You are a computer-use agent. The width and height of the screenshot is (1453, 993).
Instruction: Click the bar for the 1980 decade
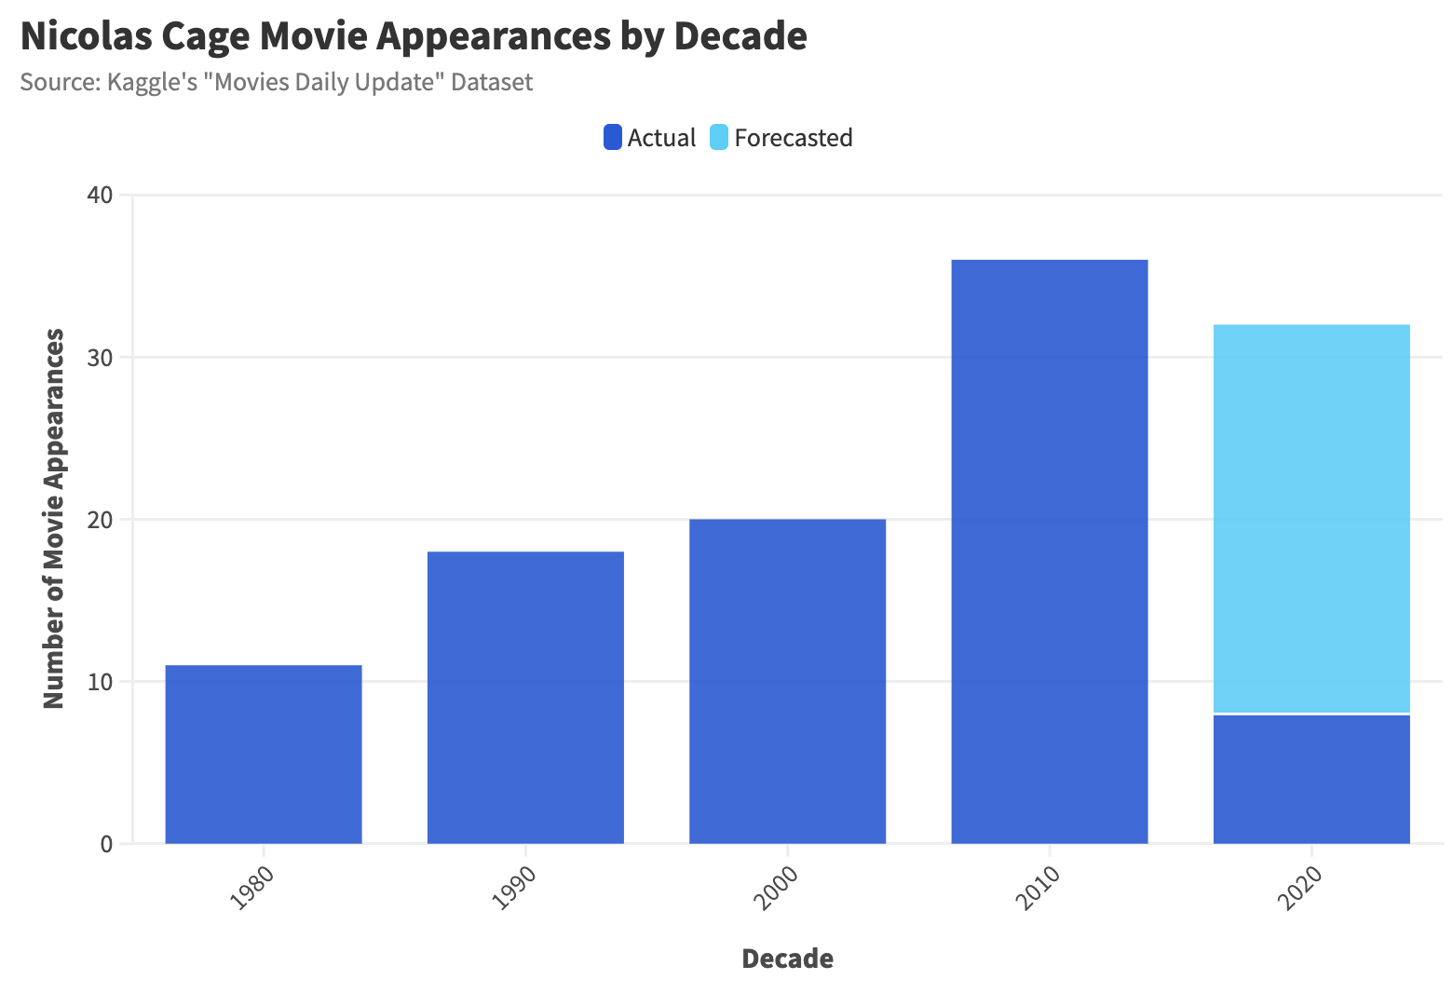pyautogui.click(x=264, y=755)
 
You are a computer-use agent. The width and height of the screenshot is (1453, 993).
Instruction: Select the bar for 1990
pyautogui.click(x=525, y=698)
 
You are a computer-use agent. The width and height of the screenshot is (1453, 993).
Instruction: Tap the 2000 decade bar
pyautogui.click(x=787, y=681)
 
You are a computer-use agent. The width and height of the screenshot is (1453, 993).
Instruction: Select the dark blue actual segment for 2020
pyautogui.click(x=1311, y=779)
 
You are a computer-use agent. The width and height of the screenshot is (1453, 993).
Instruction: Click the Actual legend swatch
pyautogui.click(x=613, y=138)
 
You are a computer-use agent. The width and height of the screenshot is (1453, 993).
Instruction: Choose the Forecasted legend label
pyautogui.click(x=793, y=138)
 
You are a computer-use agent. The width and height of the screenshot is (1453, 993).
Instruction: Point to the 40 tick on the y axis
pyautogui.click(x=101, y=196)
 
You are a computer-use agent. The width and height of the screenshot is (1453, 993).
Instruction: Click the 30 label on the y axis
pyautogui.click(x=101, y=358)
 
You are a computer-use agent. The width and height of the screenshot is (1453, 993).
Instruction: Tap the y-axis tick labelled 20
pyautogui.click(x=101, y=520)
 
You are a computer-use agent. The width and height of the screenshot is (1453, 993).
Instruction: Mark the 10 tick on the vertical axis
pyautogui.click(x=101, y=682)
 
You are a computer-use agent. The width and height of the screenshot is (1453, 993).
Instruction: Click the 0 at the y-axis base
pyautogui.click(x=106, y=844)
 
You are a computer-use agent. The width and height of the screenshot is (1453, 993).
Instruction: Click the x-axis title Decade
pyautogui.click(x=787, y=959)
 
